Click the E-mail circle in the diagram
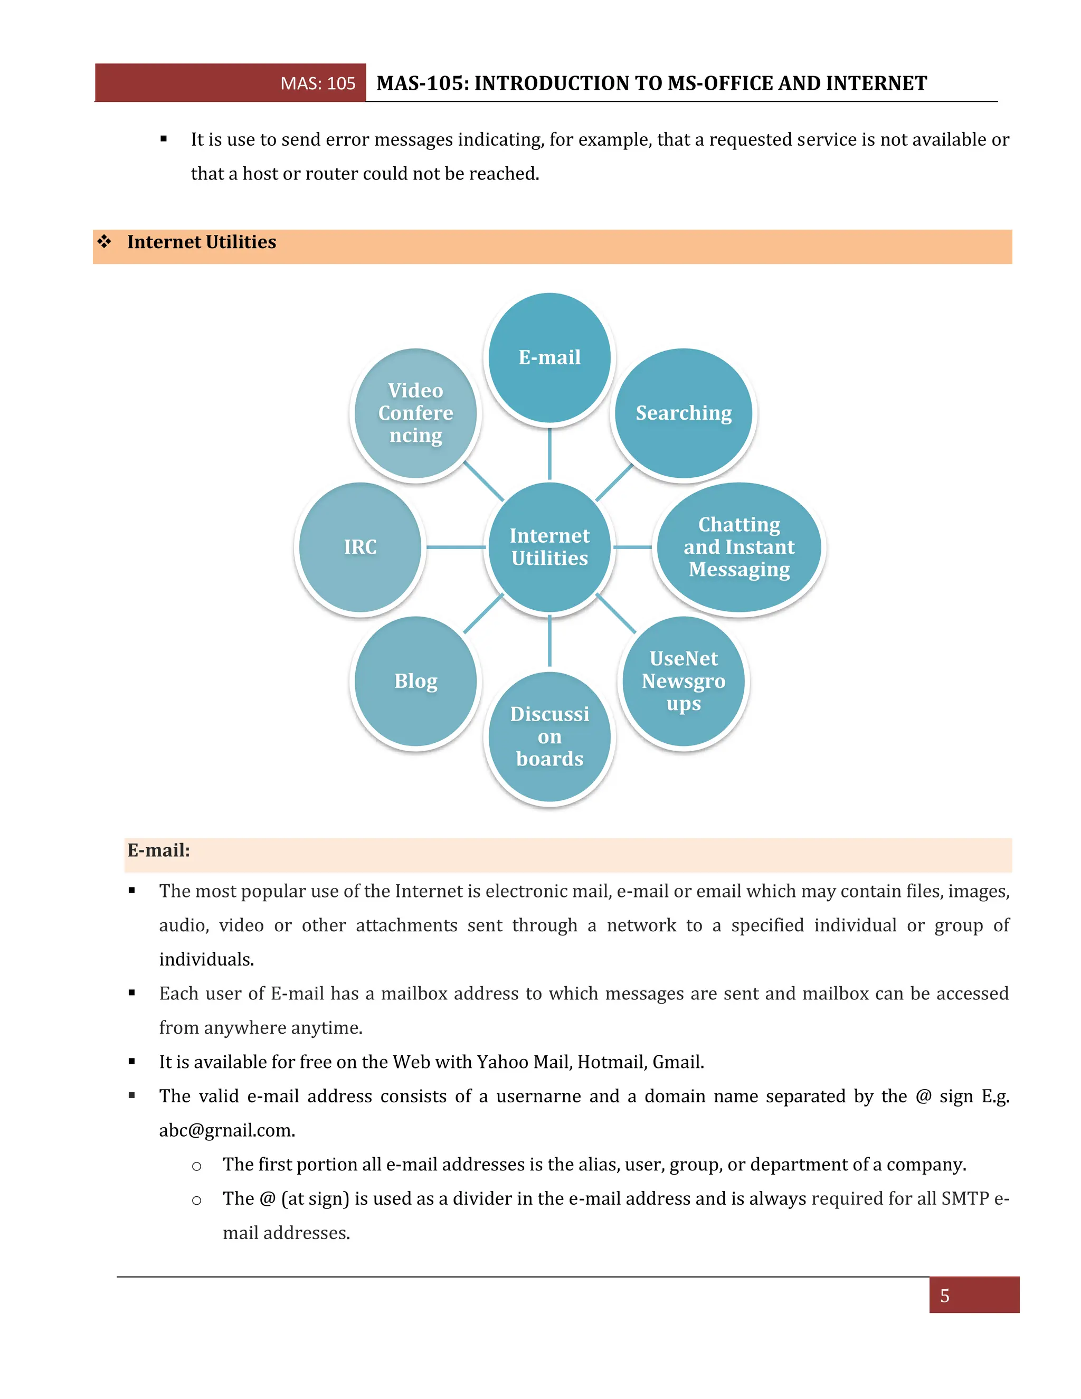549,357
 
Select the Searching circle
684,413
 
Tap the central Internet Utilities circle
549,547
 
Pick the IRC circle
360,547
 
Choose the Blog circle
415,681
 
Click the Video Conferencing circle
415,413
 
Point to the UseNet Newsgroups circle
684,681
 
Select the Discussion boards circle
549,736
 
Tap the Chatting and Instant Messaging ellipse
739,547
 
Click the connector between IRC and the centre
456,547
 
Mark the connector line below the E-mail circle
549,453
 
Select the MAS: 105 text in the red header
318,83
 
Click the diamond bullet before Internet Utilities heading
105,241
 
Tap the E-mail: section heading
159,850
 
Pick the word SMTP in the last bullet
964,1198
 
